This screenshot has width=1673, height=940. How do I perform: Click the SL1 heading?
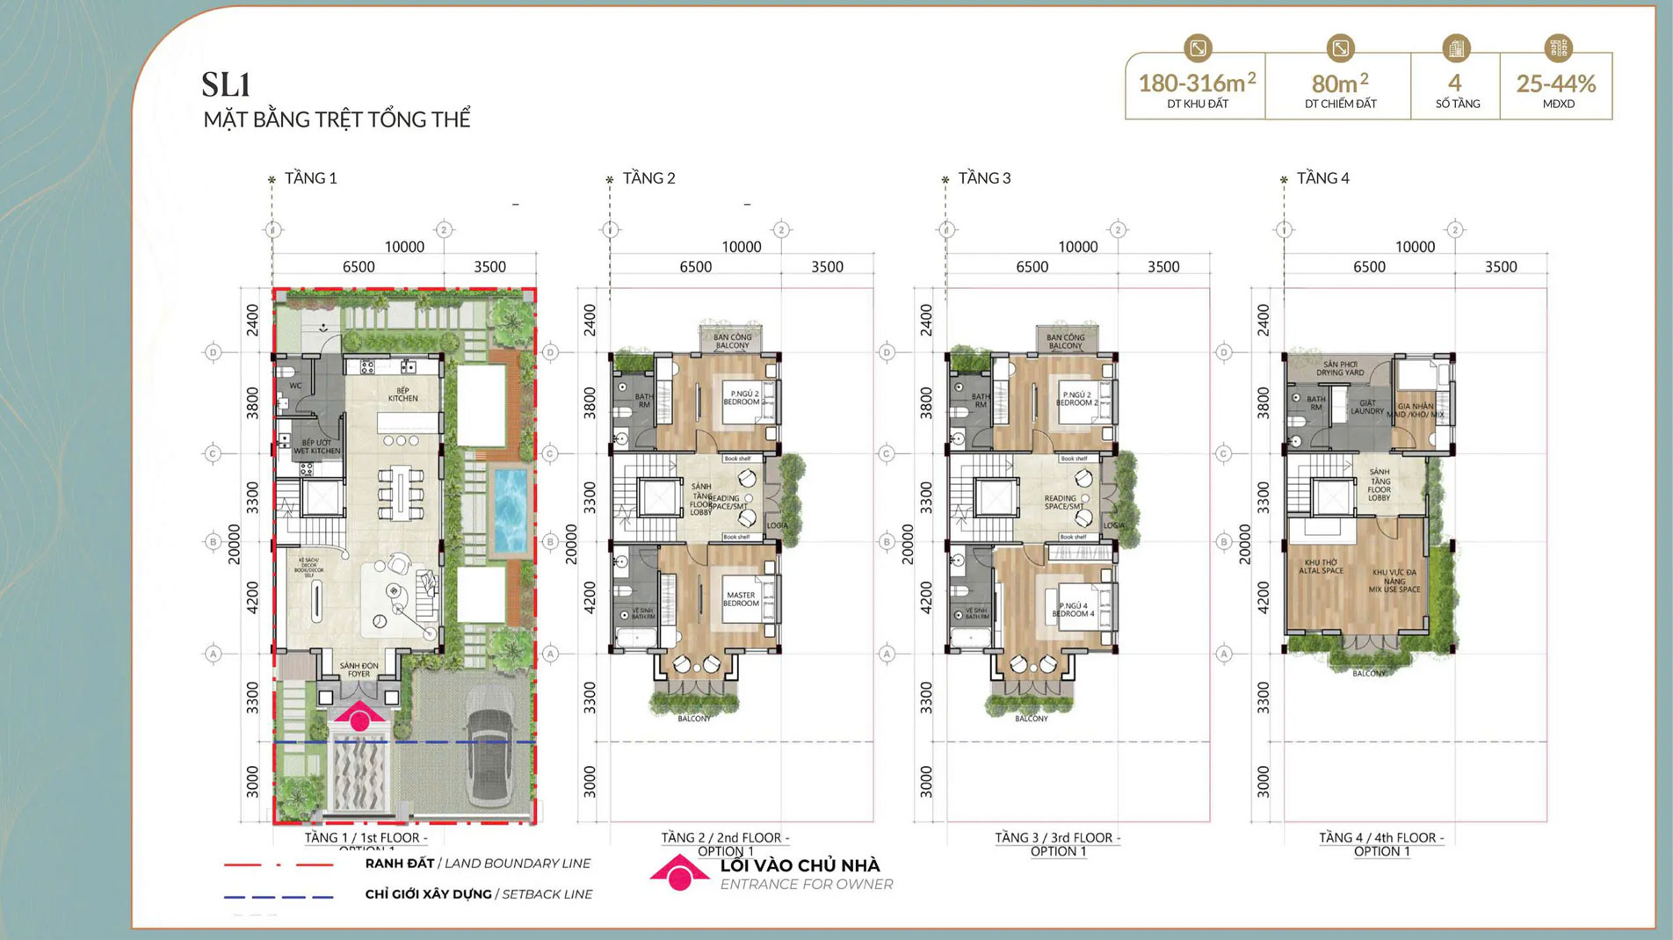(x=227, y=85)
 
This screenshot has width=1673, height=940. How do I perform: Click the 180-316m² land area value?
(x=1196, y=83)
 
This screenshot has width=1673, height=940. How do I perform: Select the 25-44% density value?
(x=1555, y=84)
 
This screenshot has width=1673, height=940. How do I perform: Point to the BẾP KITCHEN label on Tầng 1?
(x=402, y=394)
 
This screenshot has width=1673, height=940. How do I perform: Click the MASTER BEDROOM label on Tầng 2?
(x=741, y=599)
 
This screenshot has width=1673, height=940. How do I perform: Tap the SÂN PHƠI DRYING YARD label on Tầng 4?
(x=1340, y=368)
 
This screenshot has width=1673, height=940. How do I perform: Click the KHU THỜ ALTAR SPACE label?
(x=1321, y=567)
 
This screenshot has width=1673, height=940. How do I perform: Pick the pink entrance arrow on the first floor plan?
(x=358, y=716)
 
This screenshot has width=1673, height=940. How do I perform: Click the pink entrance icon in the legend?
(x=679, y=872)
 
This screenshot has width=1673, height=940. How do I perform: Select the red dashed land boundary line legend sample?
(x=279, y=864)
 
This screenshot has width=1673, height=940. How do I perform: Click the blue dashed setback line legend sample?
(x=279, y=897)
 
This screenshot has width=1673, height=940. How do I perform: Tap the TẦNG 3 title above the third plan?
(x=984, y=178)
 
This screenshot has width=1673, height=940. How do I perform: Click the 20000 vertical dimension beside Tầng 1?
(x=234, y=544)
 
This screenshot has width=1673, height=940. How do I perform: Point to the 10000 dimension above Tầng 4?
(x=1415, y=248)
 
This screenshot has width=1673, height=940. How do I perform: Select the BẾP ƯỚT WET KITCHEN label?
(x=316, y=447)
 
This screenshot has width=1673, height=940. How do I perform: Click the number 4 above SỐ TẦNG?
(x=1455, y=83)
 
